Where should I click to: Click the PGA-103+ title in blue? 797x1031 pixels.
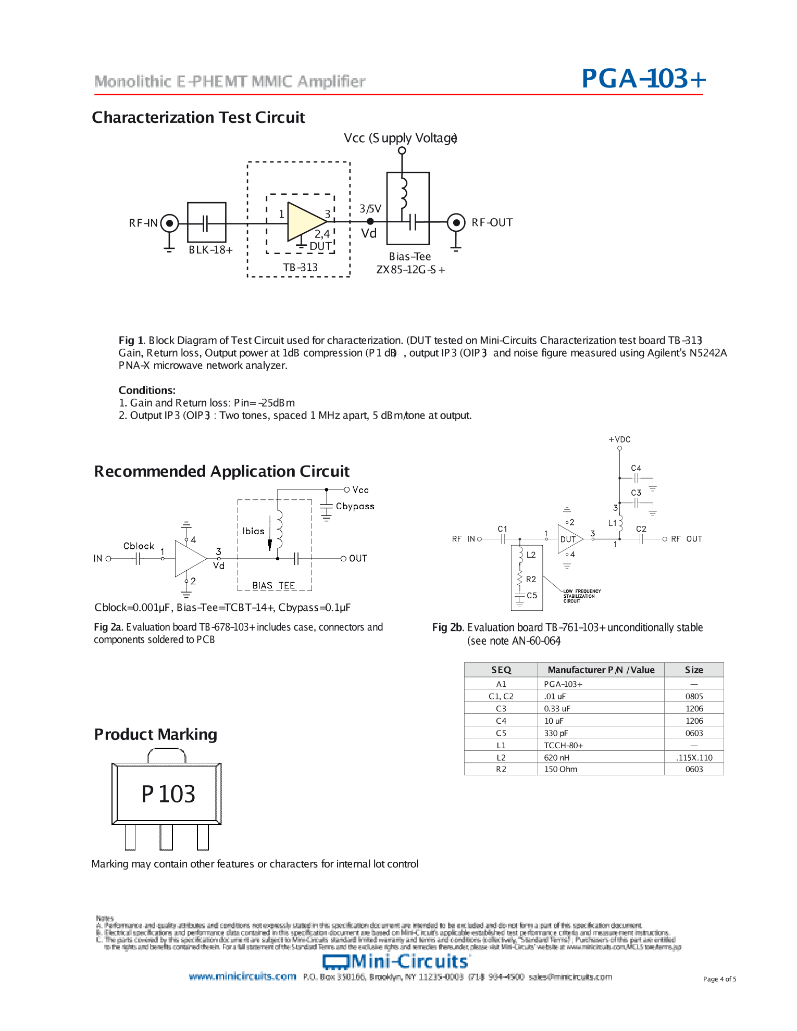[x=643, y=79]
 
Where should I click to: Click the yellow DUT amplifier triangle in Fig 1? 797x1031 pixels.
[x=304, y=222]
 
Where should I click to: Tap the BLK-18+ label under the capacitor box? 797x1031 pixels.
[x=210, y=250]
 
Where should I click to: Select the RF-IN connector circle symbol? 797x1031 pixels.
[x=169, y=223]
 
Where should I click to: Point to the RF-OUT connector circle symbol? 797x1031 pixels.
[x=456, y=223]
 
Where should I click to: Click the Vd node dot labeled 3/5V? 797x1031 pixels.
[x=370, y=221]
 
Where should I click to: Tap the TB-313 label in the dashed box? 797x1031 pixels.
[x=300, y=268]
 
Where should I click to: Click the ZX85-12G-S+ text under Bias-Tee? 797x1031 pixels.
[x=410, y=270]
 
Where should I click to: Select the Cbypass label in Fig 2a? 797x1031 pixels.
[x=355, y=506]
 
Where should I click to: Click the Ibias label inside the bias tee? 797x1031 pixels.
[x=253, y=531]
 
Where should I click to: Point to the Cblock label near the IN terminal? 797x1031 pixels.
[x=139, y=546]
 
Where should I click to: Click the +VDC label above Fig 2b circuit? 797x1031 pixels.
[x=619, y=439]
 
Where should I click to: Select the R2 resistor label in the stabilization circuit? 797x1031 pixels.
[x=531, y=579]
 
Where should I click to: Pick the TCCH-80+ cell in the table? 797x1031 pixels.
[x=563, y=746]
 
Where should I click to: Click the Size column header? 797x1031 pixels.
[x=694, y=670]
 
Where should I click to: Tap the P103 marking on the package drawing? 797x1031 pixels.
[x=168, y=794]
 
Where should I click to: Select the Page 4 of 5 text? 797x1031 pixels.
[x=719, y=979]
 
